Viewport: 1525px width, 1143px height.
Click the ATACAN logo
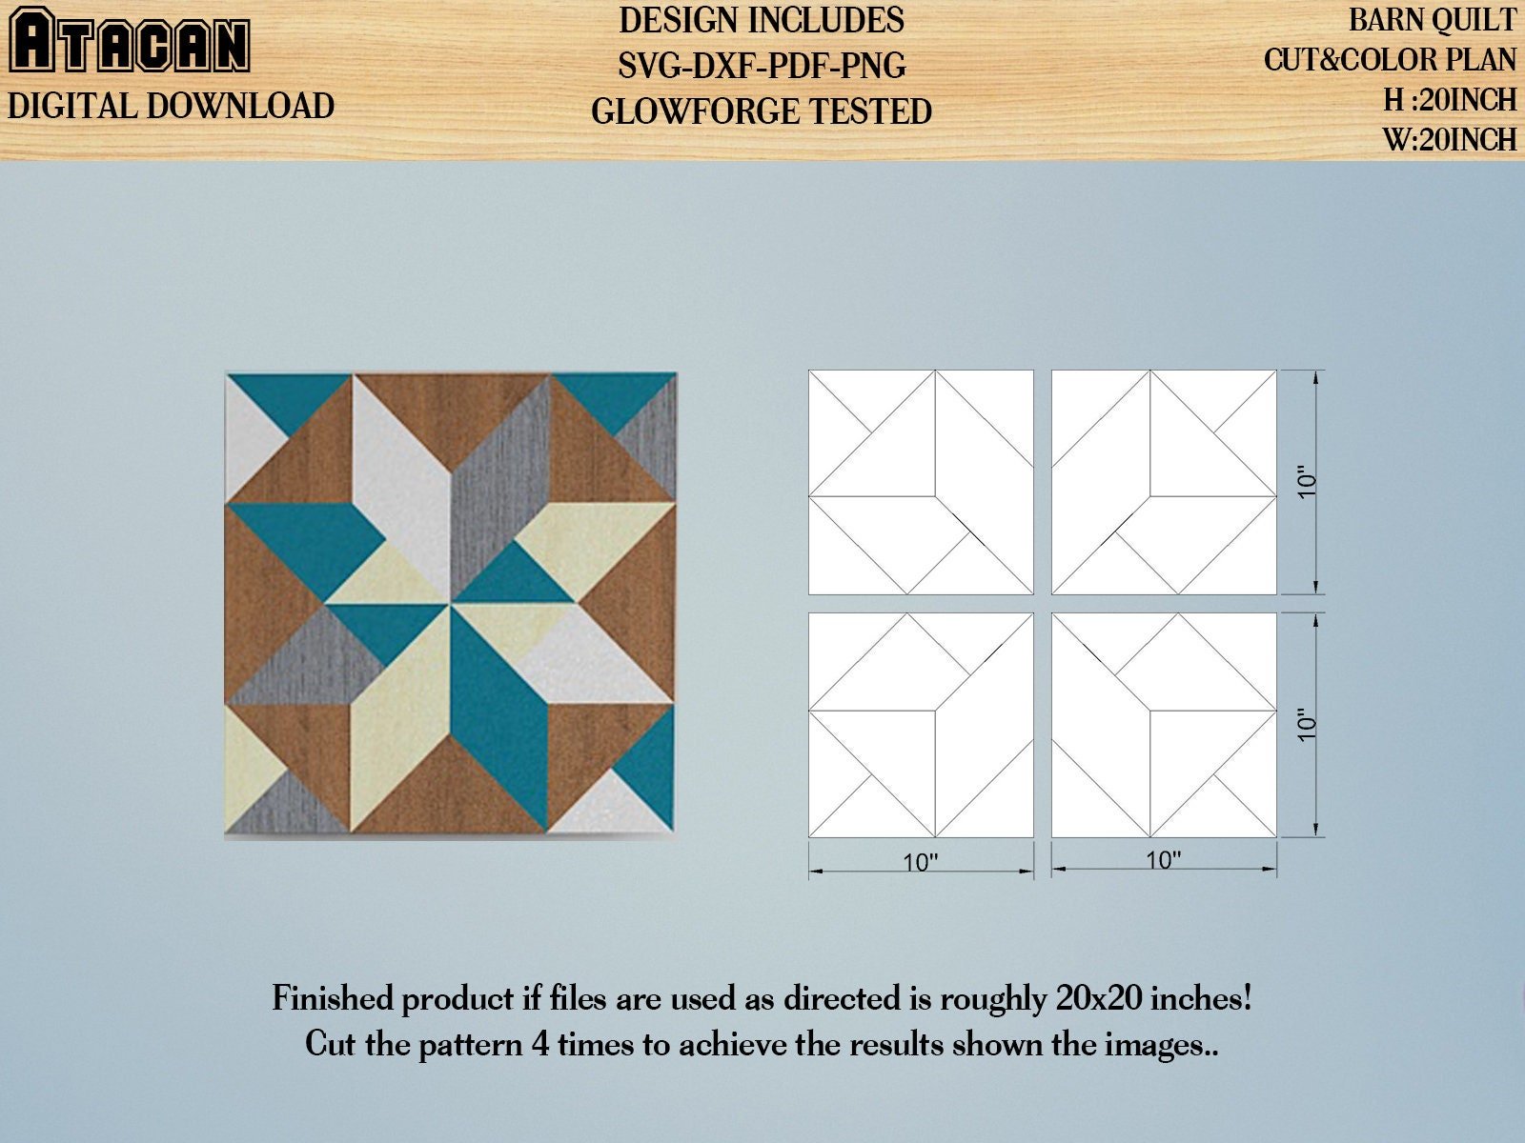[130, 40]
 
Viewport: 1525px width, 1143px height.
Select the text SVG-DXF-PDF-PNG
[762, 66]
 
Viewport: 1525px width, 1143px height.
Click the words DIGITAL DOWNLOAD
[171, 106]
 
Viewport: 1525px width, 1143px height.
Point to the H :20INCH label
[1450, 100]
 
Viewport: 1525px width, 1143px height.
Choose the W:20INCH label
[1450, 139]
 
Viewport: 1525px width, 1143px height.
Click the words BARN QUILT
[1433, 20]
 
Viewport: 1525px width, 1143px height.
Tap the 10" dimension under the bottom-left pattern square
[921, 862]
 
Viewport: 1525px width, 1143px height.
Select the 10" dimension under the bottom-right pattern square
[1164, 860]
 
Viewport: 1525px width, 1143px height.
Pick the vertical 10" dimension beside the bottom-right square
[1307, 725]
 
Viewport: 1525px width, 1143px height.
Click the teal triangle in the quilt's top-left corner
[292, 397]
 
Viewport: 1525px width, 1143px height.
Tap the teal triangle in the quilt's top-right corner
[613, 397]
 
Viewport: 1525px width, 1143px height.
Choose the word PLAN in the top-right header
[1480, 60]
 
